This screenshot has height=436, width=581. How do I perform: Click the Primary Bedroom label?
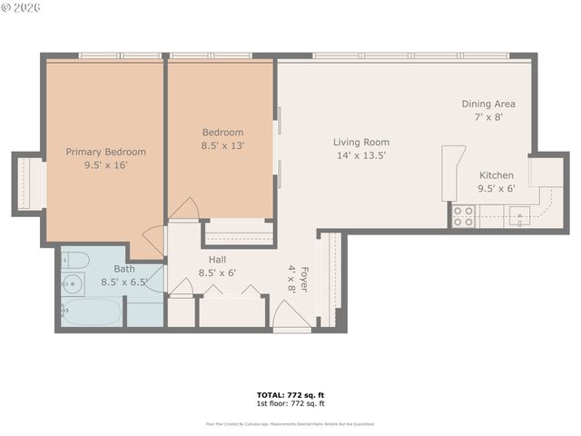pos(105,152)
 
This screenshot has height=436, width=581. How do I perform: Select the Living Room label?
pos(360,142)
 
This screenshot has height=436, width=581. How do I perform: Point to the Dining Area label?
pos(488,104)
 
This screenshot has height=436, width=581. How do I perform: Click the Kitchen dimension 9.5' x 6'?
pos(496,189)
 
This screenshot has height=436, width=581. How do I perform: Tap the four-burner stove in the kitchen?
pos(463,215)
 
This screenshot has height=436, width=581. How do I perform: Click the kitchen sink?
pos(519,215)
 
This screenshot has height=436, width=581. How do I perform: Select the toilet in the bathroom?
pos(75,262)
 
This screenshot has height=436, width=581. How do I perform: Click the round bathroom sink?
pos(73,285)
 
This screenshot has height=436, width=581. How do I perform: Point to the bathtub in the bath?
pos(91,312)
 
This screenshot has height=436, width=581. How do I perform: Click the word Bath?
pos(124,269)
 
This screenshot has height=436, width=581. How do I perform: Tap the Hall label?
pos(217,259)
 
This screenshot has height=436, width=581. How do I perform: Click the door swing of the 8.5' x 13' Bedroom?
pos(184,210)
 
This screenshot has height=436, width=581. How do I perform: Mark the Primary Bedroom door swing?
pos(153,241)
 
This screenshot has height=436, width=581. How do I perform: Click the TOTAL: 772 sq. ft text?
pos(290,395)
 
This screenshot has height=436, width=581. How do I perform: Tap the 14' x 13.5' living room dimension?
pos(360,155)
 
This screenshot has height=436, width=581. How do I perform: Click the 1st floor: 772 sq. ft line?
pos(290,403)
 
